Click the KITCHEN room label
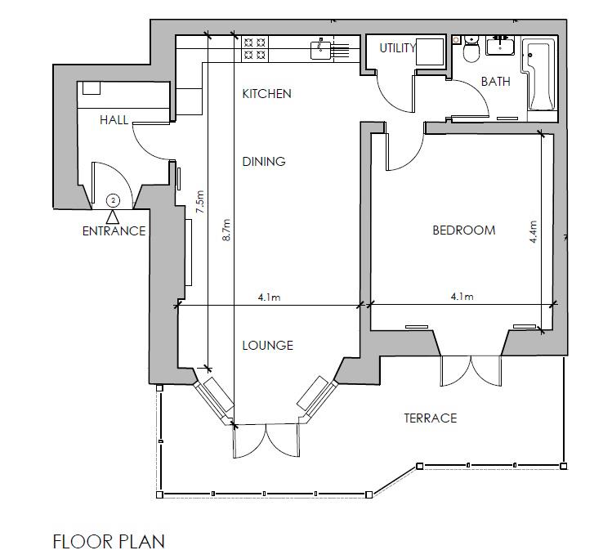pos(266,94)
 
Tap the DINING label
pos(264,162)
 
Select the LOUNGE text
pos(267,346)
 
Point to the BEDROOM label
pos(463,230)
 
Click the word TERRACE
pos(430,418)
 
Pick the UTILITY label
pos(398,48)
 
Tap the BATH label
pos(495,82)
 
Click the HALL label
pos(114,120)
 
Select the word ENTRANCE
pos(114,231)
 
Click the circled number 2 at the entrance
pos(113,199)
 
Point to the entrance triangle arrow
pos(113,217)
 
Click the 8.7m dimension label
pos(227,230)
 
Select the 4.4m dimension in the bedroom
pos(534,233)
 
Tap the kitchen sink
pos(321,50)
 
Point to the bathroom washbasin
pos(498,46)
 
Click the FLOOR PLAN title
pos(109,541)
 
